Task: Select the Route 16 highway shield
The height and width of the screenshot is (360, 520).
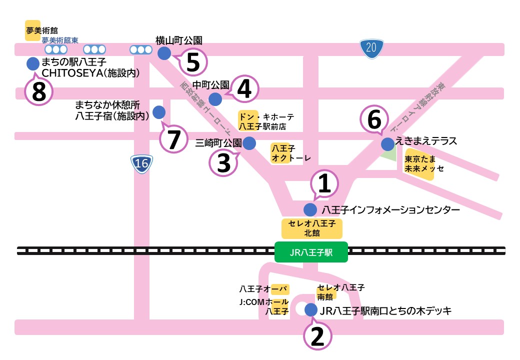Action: [x=142, y=163]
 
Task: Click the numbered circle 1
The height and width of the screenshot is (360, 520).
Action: [x=325, y=184]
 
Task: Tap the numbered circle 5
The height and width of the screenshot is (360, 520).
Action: [x=193, y=62]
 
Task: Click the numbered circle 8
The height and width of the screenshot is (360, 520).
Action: [x=39, y=91]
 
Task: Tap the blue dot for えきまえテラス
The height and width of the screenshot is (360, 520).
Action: [x=387, y=144]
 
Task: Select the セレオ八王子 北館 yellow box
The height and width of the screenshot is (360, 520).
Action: [x=312, y=228]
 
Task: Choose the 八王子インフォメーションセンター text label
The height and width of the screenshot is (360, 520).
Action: [x=390, y=209]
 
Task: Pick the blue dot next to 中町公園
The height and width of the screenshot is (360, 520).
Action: [x=215, y=99]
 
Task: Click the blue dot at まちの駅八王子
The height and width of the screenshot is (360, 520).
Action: [x=32, y=63]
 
